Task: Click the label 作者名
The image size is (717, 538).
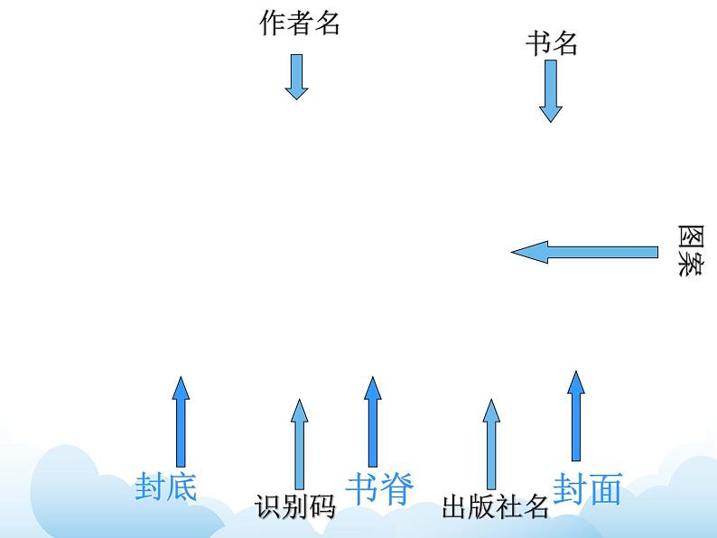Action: tap(300, 23)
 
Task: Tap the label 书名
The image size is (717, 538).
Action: tap(551, 43)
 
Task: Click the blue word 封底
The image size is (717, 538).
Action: tap(165, 487)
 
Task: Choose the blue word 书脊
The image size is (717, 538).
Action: tap(378, 488)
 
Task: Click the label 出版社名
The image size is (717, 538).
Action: tap(495, 506)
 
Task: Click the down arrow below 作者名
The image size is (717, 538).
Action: tap(296, 76)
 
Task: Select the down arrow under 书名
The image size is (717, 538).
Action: tap(551, 91)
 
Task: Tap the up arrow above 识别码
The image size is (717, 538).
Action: tap(299, 443)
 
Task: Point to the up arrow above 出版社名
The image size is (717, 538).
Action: tap(490, 443)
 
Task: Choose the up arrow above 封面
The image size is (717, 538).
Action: tap(575, 415)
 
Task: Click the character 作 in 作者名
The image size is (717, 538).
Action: tap(273, 23)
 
